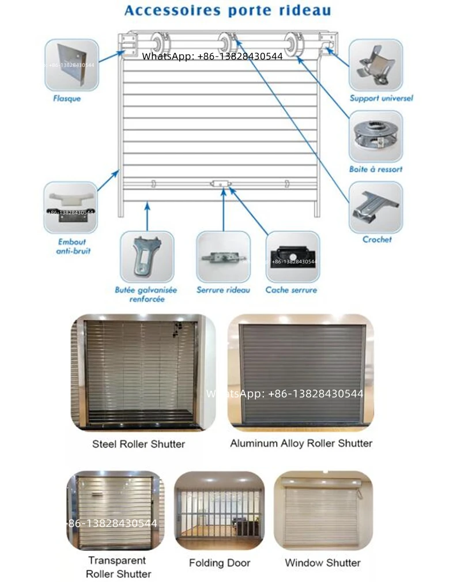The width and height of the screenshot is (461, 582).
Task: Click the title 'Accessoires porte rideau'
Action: coord(228,10)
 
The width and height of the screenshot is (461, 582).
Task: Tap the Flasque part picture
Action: coord(72,65)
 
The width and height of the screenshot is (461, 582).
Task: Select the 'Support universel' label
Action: coord(381,99)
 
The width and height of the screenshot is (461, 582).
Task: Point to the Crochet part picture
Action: coord(376,206)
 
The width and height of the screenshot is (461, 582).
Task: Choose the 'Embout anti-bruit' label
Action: coord(71,247)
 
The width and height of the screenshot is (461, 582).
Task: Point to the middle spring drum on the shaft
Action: coord(226,43)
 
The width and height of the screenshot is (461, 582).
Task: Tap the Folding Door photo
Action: coord(220,511)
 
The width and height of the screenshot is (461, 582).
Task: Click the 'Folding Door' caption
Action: coord(220,563)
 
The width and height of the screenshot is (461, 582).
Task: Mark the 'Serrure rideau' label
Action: coord(223,290)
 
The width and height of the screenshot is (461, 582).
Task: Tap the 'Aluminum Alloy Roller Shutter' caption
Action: coord(301,444)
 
